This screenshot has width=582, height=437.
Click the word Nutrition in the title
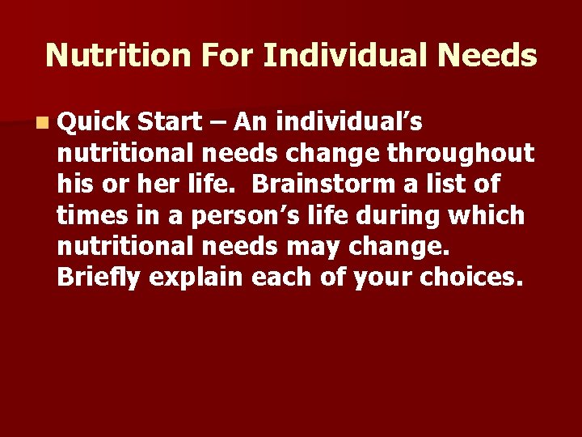(112, 56)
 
